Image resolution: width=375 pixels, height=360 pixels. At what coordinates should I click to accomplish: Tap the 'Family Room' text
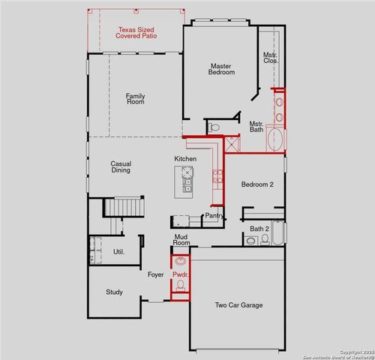click(135, 100)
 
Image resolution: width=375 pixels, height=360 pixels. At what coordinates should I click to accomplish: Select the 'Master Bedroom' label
click(221, 68)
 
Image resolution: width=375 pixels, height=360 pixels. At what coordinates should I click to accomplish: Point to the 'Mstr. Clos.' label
click(270, 58)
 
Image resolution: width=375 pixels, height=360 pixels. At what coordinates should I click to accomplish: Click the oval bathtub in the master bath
click(276, 139)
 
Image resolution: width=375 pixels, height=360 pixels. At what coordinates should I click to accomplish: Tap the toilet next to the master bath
click(212, 127)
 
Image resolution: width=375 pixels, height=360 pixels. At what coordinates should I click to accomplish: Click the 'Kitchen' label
click(185, 159)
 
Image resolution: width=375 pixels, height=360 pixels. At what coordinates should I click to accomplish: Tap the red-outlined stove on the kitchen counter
click(218, 177)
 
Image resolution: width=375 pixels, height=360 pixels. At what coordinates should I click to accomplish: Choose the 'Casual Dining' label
click(121, 167)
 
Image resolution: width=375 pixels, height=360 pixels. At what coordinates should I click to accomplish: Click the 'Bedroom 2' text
click(256, 184)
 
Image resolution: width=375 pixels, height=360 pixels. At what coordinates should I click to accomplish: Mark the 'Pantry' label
click(214, 215)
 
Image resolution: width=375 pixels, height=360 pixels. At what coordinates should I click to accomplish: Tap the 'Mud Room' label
click(181, 240)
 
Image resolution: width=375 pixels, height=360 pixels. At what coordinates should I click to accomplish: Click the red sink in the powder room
click(179, 262)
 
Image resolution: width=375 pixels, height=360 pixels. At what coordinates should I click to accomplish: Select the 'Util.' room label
click(118, 252)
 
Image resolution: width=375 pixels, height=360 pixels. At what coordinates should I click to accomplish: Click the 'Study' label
click(114, 292)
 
